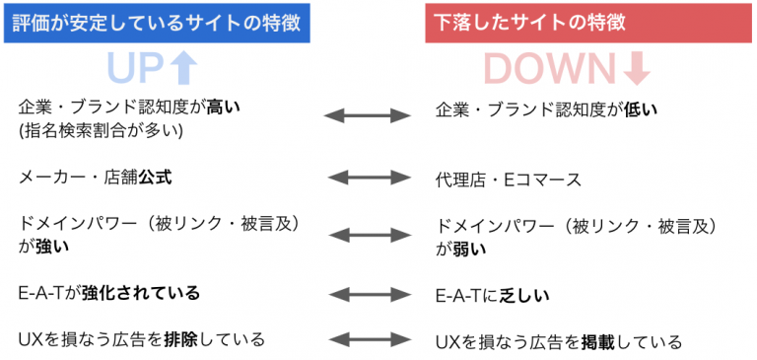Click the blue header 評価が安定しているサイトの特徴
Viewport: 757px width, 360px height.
coord(157,21)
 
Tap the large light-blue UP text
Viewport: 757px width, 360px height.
coord(138,67)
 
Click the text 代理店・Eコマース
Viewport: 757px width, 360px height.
coord(508,180)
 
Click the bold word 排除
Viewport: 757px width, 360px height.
coord(188,340)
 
